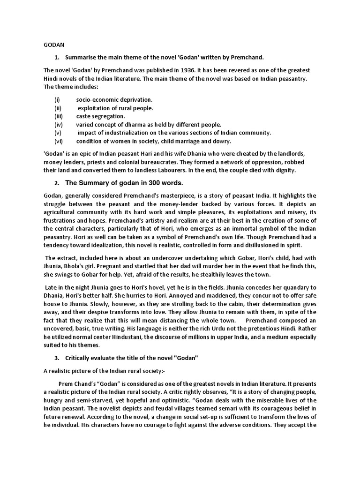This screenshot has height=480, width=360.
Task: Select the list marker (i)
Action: point(58,99)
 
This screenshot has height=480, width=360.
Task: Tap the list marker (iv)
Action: point(59,125)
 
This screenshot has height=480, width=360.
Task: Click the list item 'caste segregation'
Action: point(101,116)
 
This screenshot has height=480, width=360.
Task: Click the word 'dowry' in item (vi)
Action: point(222,142)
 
